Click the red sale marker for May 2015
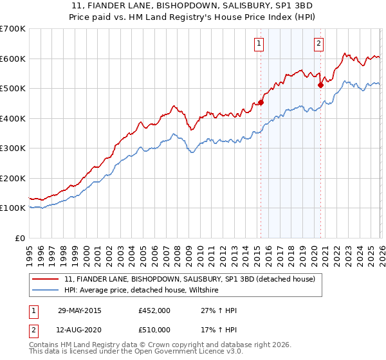click(261, 102)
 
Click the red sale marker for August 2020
click(320, 84)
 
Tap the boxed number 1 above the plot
click(259, 44)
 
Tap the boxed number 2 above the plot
click(318, 44)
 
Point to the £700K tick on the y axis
click(13, 29)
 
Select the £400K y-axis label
click(13, 118)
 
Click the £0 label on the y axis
click(20, 238)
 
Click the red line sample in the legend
click(46, 280)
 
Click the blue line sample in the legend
click(46, 291)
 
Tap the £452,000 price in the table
click(154, 310)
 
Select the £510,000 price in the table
click(154, 330)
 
